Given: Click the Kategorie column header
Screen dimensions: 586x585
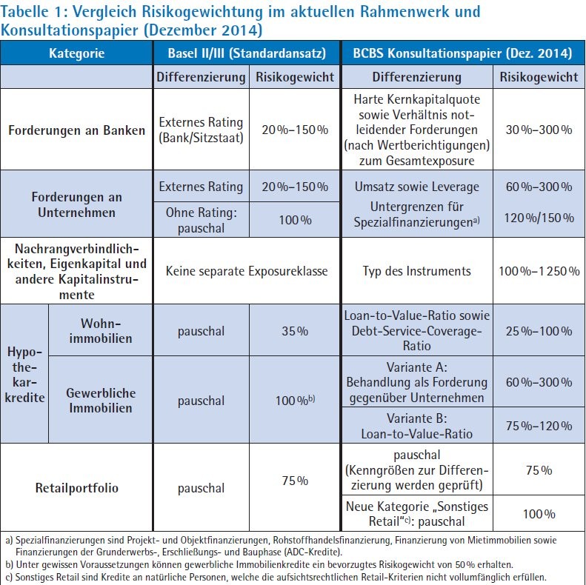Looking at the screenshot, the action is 76,53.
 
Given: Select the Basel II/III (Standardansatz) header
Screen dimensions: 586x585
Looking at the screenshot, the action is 247,53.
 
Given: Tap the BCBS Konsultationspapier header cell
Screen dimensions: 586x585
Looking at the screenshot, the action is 463,53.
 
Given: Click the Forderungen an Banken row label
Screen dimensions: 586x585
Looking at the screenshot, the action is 76,130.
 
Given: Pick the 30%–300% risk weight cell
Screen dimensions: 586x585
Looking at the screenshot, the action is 539,130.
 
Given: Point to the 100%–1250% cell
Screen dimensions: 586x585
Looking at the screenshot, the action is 539,271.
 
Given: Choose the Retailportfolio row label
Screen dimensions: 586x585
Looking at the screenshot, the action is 76,487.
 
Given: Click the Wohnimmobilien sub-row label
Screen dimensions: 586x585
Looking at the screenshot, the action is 101,330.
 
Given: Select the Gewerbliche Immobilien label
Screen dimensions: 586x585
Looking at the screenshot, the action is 101,400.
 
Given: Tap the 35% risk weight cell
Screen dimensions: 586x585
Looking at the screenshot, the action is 295,330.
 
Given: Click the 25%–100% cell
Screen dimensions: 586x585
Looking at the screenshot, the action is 539,330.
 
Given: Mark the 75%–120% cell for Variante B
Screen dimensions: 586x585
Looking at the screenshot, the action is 539,426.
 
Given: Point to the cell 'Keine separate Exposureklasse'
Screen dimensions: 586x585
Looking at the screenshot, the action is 247,271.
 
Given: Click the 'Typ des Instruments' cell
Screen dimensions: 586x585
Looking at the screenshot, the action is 416,271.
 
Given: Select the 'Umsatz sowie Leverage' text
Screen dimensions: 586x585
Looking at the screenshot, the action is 416,187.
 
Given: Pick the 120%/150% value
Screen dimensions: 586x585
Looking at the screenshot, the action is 539,218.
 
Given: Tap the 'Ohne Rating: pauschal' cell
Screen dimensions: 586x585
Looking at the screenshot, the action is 201,220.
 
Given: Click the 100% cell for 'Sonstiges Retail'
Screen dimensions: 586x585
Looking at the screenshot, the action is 539,514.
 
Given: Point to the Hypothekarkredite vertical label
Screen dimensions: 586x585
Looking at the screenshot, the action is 24,374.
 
